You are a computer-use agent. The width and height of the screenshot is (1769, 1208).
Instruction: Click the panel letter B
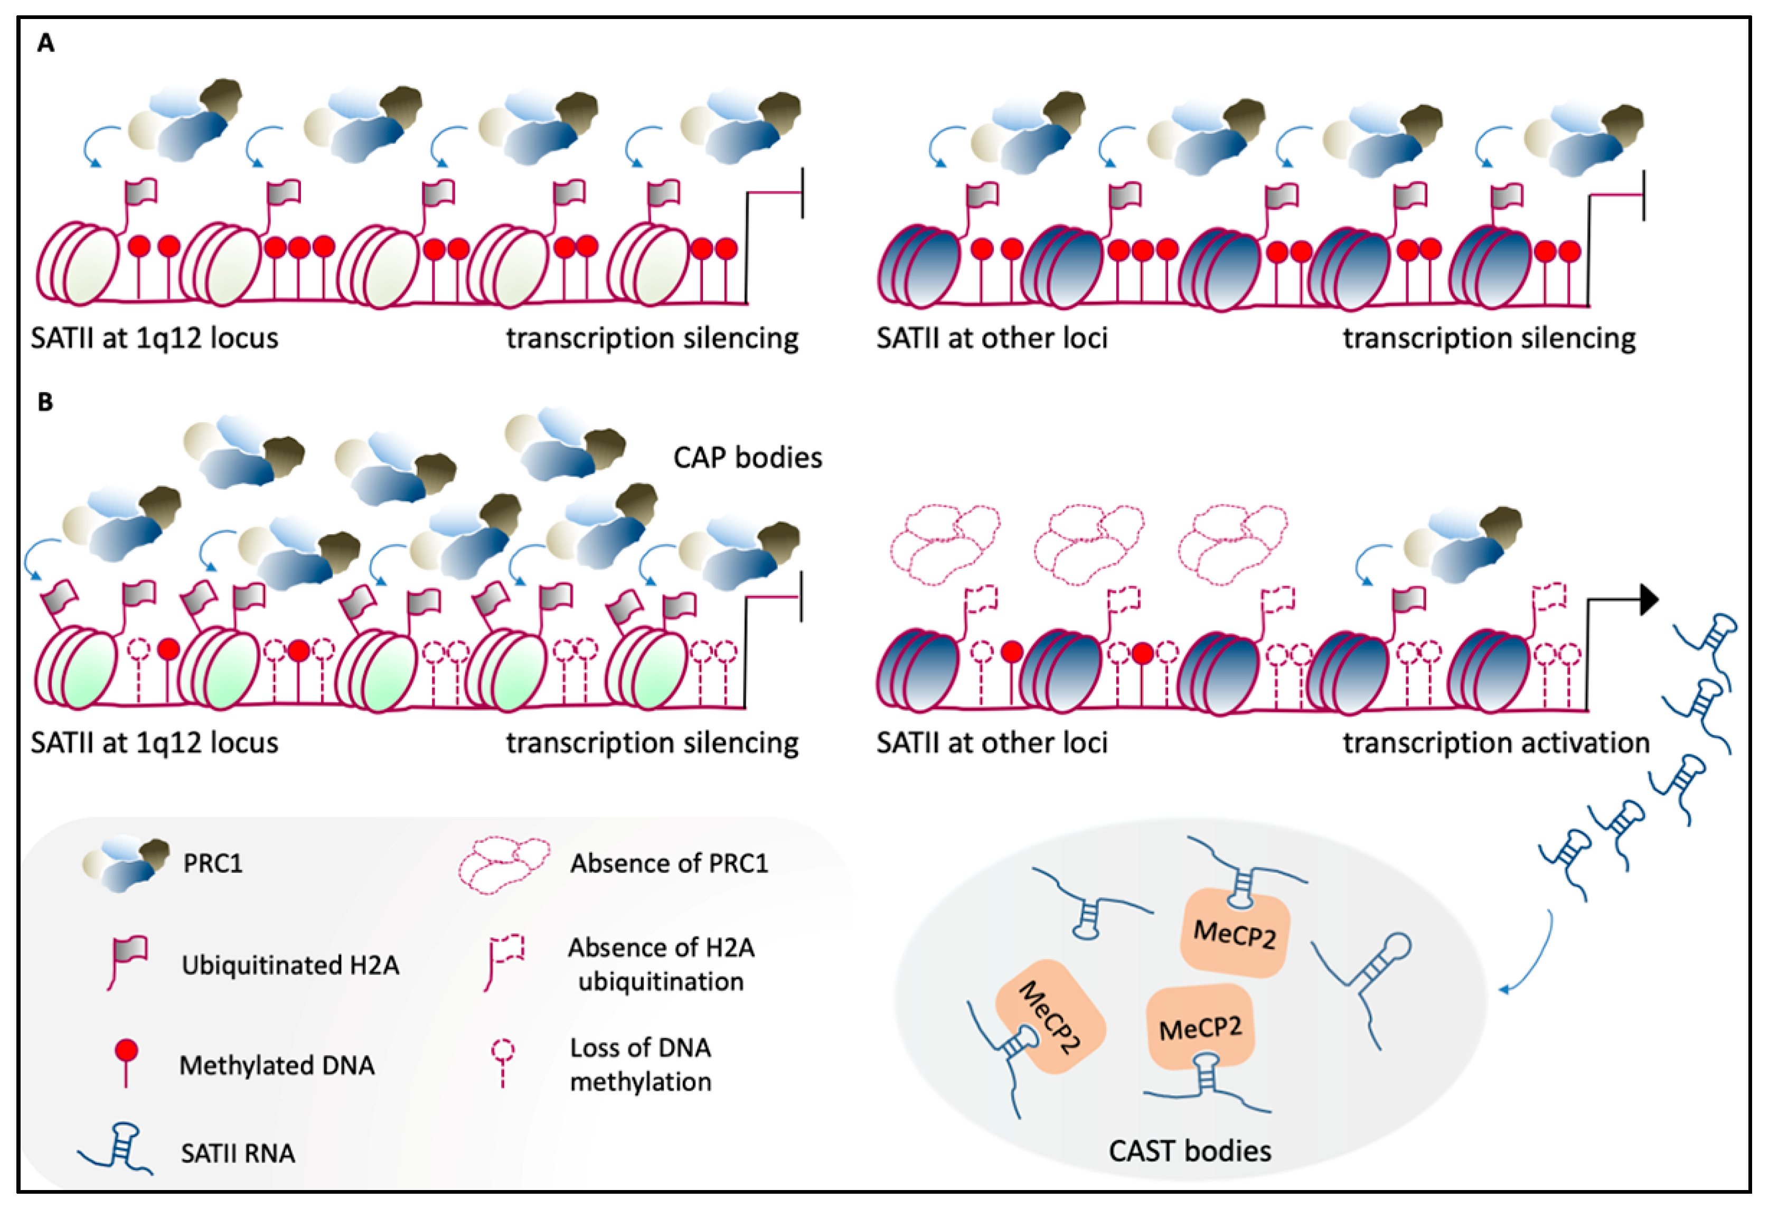click(45, 402)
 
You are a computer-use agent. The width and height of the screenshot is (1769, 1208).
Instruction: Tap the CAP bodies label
click(748, 458)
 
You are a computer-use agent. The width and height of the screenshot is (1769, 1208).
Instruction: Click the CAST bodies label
click(1189, 1150)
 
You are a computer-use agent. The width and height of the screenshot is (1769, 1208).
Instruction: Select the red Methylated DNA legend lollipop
click(126, 1061)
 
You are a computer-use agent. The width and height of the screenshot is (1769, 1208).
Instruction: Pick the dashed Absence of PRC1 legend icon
click(504, 865)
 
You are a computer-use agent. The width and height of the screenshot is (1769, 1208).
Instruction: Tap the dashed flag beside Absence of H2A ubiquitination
click(504, 961)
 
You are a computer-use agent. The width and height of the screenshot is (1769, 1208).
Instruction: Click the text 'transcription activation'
click(1496, 742)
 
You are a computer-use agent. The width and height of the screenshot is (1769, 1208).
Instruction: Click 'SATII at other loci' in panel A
click(991, 338)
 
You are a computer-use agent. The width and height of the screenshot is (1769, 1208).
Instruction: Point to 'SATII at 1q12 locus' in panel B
click(155, 742)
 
